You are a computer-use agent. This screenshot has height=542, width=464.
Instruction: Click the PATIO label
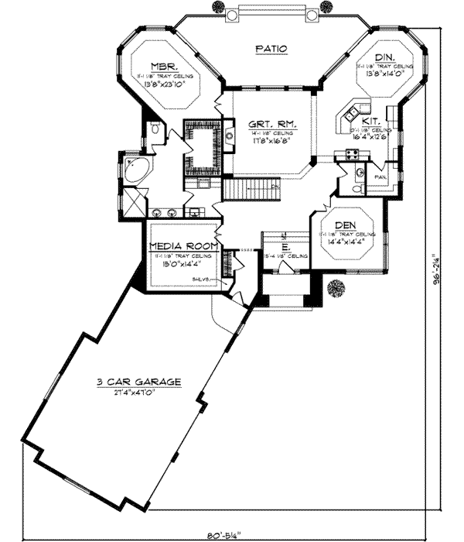click(271, 48)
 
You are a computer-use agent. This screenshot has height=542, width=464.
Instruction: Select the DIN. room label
click(384, 58)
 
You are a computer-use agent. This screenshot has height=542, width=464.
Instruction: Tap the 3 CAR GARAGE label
click(140, 382)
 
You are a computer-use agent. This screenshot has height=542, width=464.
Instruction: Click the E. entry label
click(285, 245)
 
